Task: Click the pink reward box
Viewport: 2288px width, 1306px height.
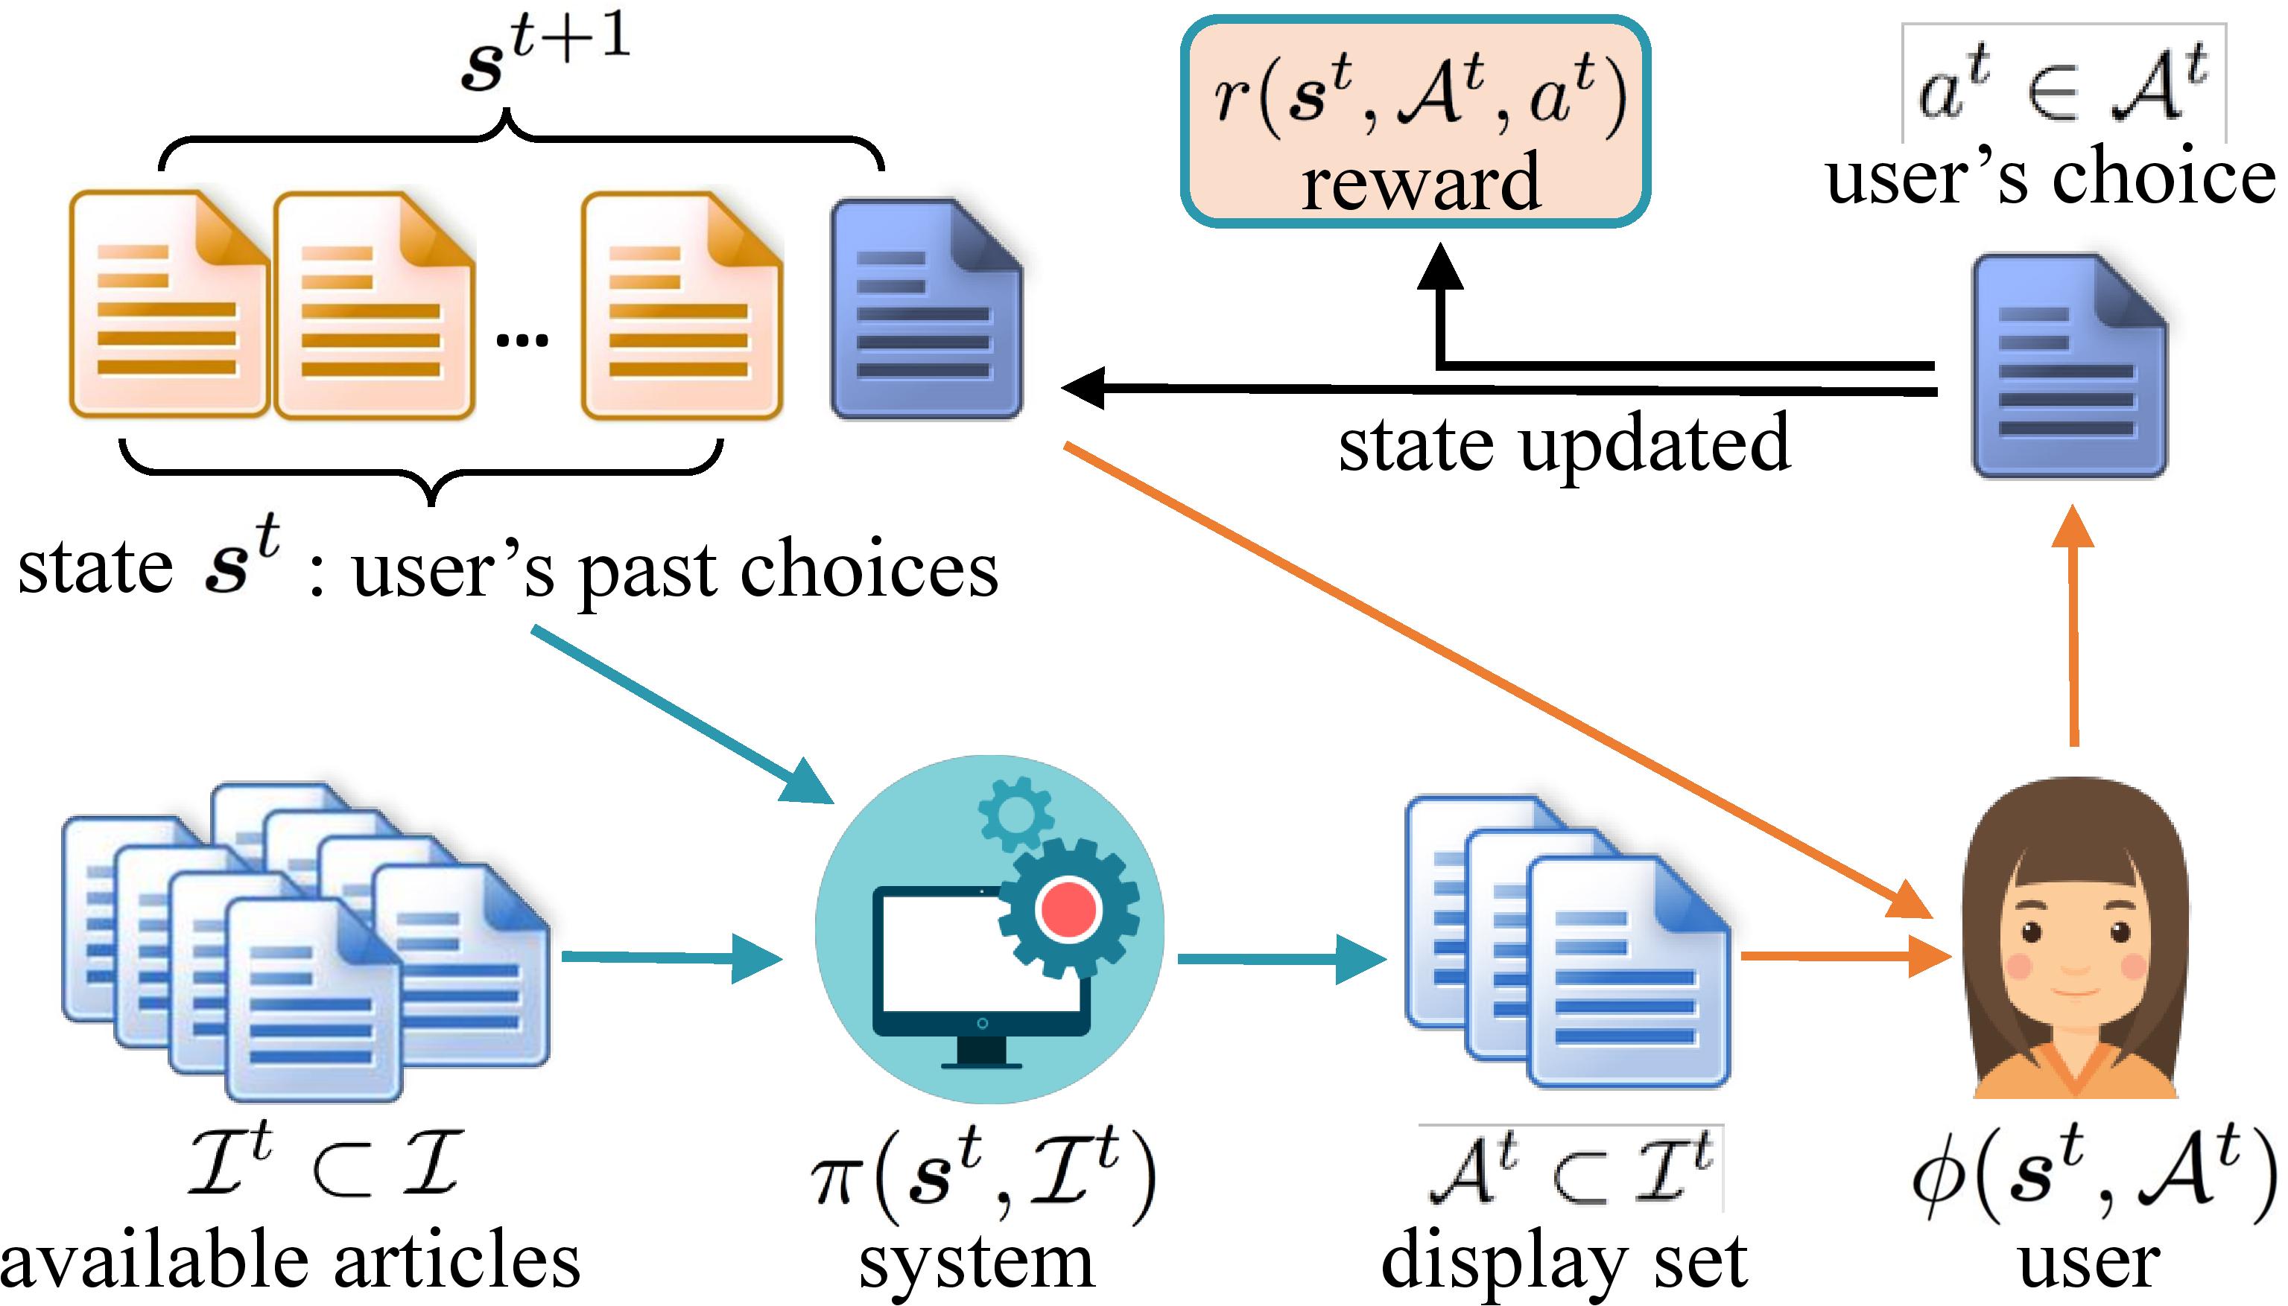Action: click(1414, 121)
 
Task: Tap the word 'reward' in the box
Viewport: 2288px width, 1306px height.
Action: click(1420, 182)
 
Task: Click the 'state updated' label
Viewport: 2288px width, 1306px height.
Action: click(1564, 442)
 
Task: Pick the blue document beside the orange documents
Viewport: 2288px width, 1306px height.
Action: click(926, 310)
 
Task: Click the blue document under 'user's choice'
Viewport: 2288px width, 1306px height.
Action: click(2069, 366)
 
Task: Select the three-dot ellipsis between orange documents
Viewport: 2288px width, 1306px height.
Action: click(522, 339)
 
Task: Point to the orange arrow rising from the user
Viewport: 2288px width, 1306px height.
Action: click(2073, 628)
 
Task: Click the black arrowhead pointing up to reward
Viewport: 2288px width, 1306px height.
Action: click(1440, 267)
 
